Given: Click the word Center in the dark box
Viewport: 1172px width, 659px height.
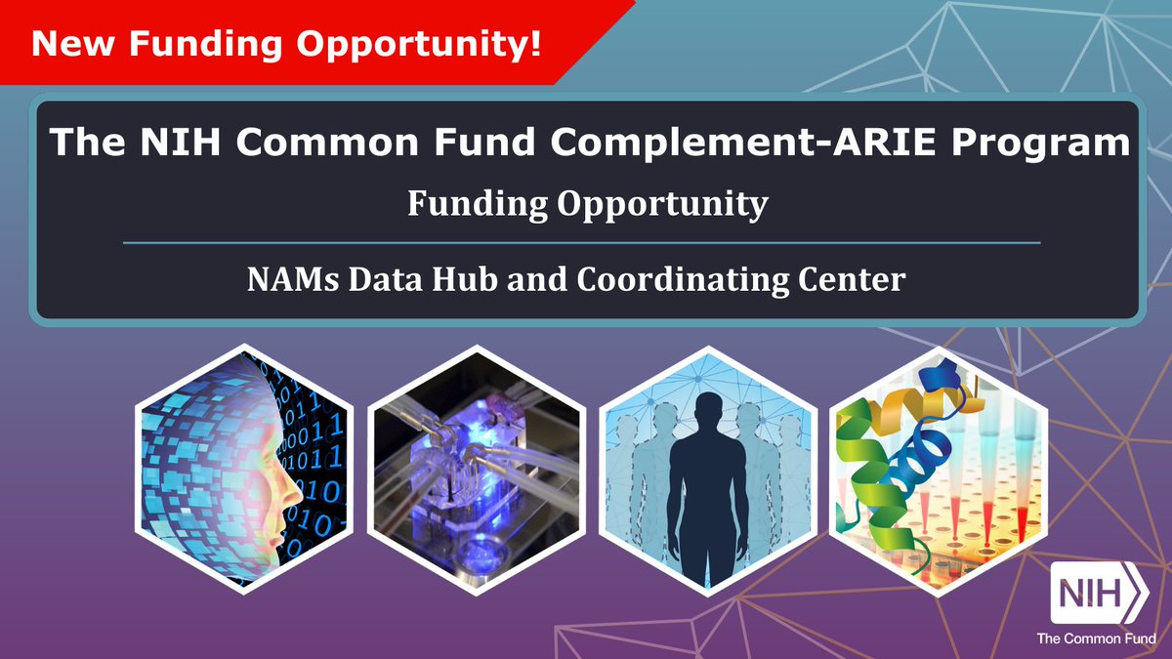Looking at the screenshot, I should [852, 280].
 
